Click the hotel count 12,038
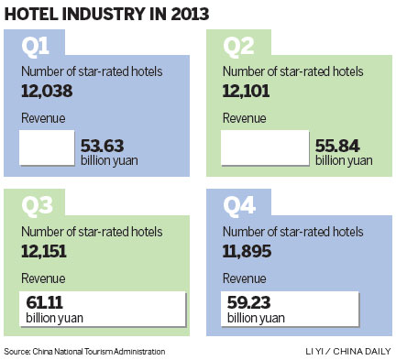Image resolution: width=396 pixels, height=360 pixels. (47, 91)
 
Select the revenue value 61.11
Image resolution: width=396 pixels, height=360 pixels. (44, 303)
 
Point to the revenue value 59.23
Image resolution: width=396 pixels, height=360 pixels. (249, 303)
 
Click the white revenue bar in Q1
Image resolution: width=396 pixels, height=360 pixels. (45, 147)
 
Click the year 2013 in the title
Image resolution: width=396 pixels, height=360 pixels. (184, 14)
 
